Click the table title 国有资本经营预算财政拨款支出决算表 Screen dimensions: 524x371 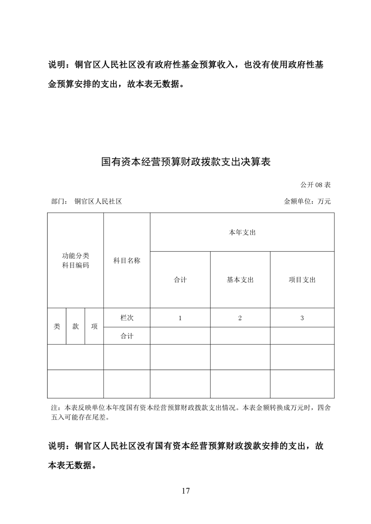(x=186, y=162)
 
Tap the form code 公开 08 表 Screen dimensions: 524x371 (x=316, y=185)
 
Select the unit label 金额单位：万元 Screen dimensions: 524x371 (x=307, y=202)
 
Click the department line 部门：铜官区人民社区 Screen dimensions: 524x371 (x=87, y=202)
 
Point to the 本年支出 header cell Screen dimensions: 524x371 (x=242, y=232)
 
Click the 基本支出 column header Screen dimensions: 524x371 (x=240, y=280)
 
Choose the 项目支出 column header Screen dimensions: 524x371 (x=302, y=280)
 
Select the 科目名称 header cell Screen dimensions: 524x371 (x=127, y=261)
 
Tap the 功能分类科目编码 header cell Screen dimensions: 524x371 (x=75, y=261)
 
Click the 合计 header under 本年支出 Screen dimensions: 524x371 (x=180, y=280)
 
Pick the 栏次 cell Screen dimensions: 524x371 (x=127, y=318)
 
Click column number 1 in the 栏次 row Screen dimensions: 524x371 (x=180, y=318)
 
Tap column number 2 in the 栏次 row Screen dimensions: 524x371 (x=240, y=318)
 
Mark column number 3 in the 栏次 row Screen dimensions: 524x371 (x=302, y=318)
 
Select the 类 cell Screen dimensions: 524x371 (x=57, y=326)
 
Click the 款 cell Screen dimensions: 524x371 (x=75, y=326)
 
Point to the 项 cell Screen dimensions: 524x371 (x=94, y=326)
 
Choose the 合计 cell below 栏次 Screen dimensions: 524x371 (x=127, y=336)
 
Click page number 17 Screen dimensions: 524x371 (x=186, y=491)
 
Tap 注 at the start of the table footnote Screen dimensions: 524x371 (x=53, y=408)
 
